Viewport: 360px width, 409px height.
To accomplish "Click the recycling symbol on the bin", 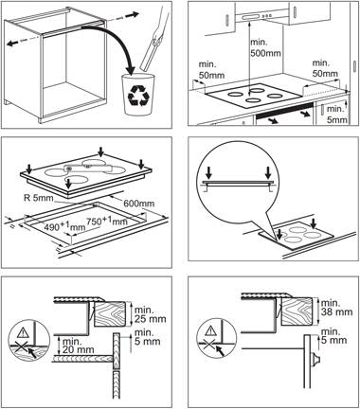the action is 137,96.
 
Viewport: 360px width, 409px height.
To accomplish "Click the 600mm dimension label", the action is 139,203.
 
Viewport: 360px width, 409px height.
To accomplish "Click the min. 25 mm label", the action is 150,314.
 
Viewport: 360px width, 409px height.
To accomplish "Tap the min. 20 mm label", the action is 78,346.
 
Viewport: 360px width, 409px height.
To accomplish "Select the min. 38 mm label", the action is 336,308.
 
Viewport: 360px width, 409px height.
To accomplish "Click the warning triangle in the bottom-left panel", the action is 23,332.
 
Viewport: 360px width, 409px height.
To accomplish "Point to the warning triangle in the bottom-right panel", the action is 209,331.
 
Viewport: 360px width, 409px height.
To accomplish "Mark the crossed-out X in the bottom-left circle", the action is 21,347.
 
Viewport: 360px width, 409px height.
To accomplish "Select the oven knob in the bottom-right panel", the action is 315,360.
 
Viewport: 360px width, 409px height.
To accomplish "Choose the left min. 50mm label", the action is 211,69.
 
